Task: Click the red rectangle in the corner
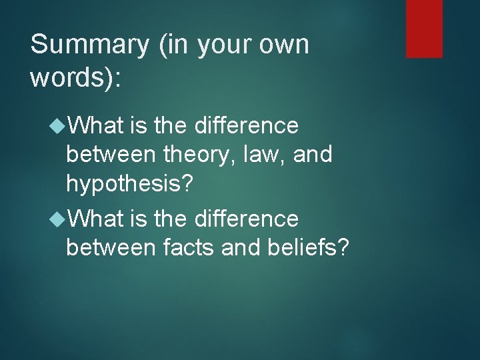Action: tap(425, 28)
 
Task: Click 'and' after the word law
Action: tap(312, 155)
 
